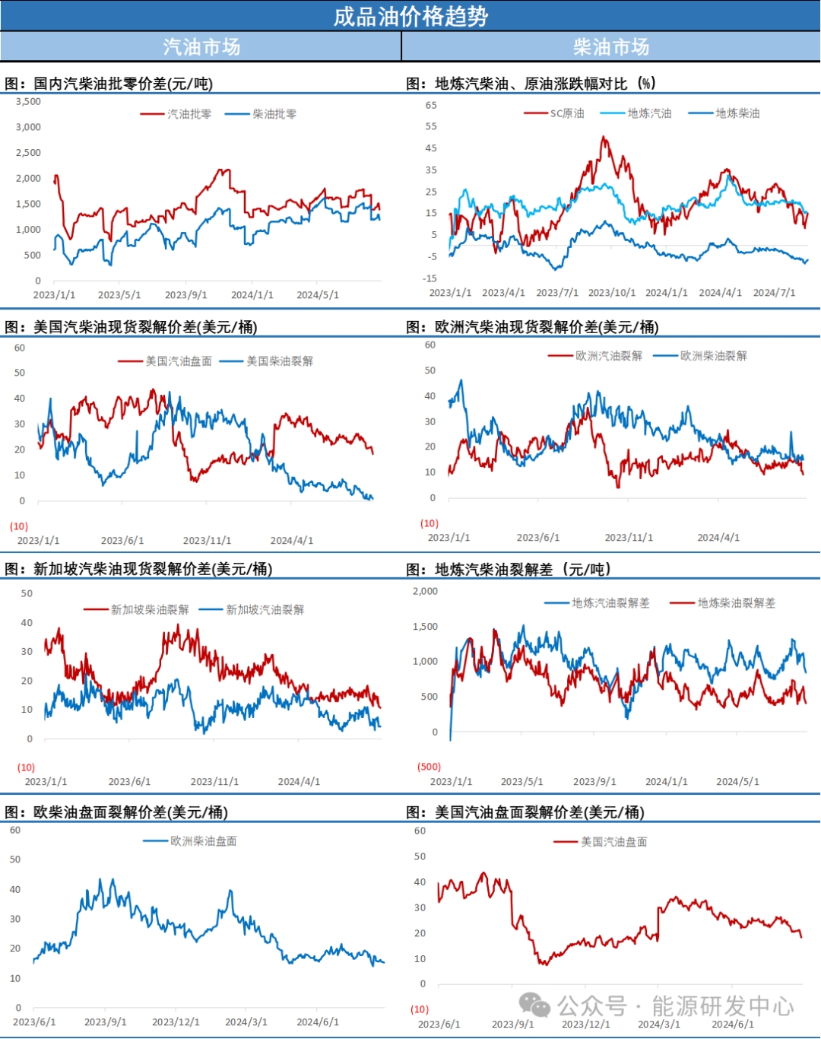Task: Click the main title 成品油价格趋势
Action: coord(410,16)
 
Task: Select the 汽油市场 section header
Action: coord(201,47)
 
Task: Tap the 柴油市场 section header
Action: coord(611,47)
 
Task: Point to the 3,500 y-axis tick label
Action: coord(29,101)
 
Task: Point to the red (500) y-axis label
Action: coord(429,767)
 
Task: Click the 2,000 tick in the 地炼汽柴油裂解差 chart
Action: coord(425,591)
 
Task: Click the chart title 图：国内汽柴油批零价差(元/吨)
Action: coord(109,84)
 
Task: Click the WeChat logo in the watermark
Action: coord(535,1006)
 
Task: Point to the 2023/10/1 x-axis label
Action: coord(612,293)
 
